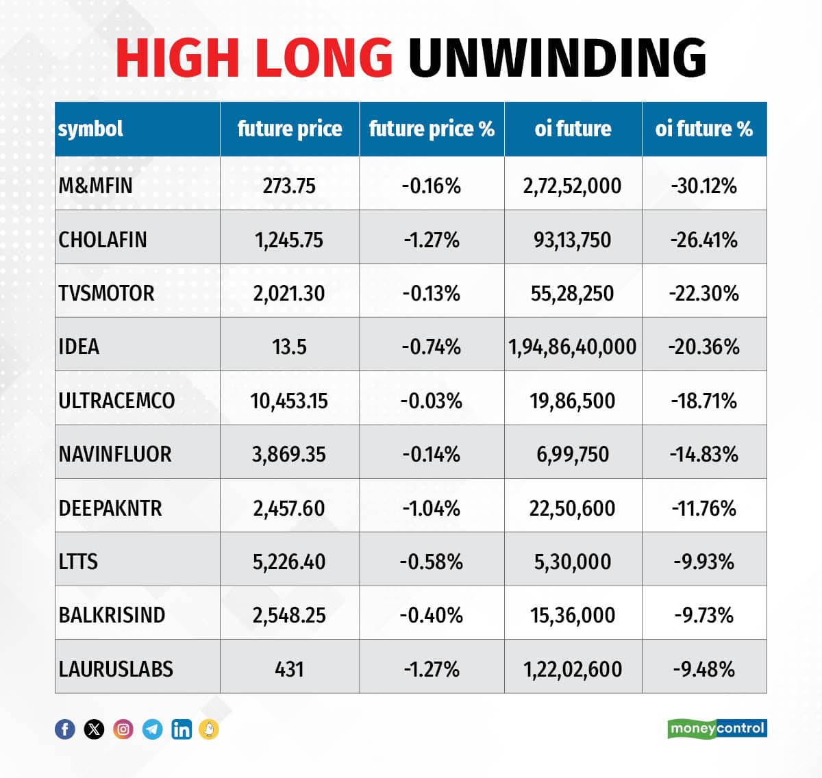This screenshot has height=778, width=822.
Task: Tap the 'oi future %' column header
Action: [703, 129]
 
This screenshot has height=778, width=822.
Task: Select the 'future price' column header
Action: [289, 129]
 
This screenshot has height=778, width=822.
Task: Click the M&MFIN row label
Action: [95, 186]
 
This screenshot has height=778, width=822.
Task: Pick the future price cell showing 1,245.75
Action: [289, 240]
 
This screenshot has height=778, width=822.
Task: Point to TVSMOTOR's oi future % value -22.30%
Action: [703, 293]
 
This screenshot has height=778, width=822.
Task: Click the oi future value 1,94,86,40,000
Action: [572, 347]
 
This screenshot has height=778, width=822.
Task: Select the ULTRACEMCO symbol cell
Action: [116, 401]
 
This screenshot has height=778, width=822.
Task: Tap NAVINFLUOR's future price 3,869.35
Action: [289, 454]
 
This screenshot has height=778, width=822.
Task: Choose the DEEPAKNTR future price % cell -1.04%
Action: [432, 508]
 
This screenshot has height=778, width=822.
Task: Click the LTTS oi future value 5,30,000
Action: [572, 562]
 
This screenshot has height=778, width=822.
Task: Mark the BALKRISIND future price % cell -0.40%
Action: [432, 615]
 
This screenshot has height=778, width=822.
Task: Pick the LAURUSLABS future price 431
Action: [289, 669]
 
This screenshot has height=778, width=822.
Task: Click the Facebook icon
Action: [65, 729]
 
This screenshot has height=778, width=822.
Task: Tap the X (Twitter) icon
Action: [94, 729]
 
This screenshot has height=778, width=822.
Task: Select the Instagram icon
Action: [123, 729]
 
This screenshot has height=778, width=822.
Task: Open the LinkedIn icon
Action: [182, 729]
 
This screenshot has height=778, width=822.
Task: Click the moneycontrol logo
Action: [717, 728]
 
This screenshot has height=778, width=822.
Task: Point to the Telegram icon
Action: [152, 729]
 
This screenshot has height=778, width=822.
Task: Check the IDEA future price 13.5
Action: [289, 347]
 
